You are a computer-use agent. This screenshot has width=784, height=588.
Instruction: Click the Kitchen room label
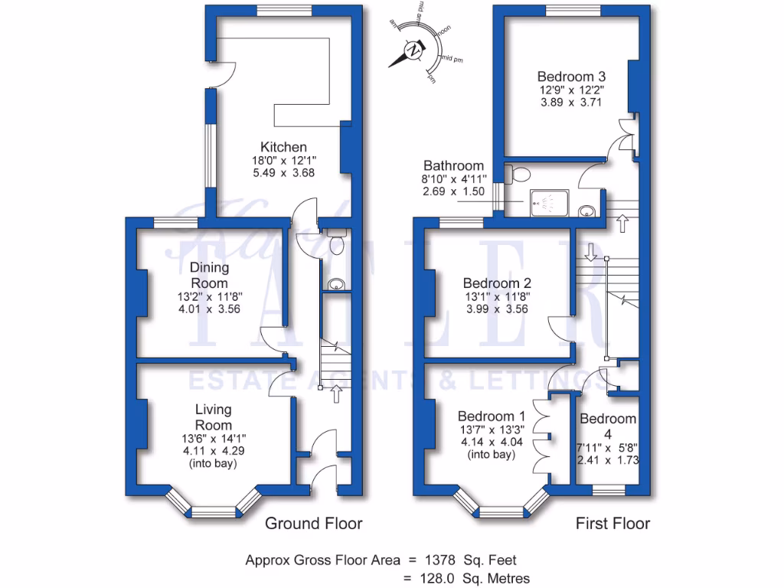coord(283,147)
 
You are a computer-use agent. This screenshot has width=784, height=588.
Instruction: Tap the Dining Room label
coord(210,275)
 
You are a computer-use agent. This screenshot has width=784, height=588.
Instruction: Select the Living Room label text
coord(213,417)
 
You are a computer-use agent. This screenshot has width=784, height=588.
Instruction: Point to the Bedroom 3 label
coord(571,77)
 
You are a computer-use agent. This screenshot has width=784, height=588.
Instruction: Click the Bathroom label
coord(453,165)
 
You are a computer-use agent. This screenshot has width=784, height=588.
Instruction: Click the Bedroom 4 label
coord(607,426)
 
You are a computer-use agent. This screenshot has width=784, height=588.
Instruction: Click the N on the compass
coord(413,51)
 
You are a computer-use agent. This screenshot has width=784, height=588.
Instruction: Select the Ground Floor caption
coord(313,524)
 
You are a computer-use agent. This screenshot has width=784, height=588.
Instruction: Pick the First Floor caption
coord(612,524)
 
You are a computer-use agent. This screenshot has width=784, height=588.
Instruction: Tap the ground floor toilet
coord(335,242)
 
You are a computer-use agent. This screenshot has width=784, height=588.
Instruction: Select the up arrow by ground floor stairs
coord(335,394)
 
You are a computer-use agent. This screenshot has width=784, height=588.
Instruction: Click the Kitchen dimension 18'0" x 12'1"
coord(283,160)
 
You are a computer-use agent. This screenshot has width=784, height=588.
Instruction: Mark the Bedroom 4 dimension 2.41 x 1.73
coord(607,460)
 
